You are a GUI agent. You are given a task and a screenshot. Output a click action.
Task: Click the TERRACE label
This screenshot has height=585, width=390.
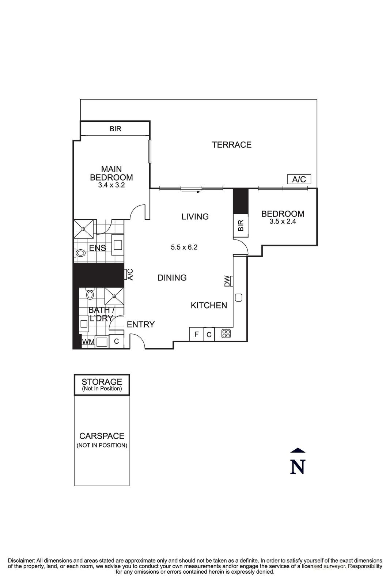[232, 145]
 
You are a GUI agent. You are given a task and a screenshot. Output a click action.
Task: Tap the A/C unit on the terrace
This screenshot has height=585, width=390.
[299, 179]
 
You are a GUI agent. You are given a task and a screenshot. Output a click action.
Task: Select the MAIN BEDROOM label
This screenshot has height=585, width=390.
[111, 173]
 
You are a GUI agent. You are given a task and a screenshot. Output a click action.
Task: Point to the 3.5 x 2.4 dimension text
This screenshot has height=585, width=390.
[283, 221]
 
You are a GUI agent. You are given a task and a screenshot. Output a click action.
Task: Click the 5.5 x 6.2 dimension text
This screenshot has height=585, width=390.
[184, 247]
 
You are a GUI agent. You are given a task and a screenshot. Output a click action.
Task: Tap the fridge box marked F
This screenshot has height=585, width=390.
[196, 334]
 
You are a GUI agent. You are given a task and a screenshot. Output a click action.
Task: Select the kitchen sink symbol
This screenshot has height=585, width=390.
[239, 298]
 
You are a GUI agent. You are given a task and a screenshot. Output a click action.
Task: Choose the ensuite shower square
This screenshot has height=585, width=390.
[84, 229]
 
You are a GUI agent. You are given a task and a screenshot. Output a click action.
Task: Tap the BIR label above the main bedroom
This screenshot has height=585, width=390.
[116, 129]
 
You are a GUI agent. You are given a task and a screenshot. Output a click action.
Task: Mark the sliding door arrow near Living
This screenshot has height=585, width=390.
[191, 191]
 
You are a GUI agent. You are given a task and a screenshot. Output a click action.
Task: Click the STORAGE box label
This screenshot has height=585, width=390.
[102, 382]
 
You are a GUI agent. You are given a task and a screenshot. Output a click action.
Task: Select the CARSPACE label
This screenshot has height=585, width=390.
[102, 436]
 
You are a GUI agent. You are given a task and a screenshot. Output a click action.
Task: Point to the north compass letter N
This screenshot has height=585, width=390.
[298, 467]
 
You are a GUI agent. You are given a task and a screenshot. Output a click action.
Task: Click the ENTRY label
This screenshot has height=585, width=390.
[141, 324]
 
